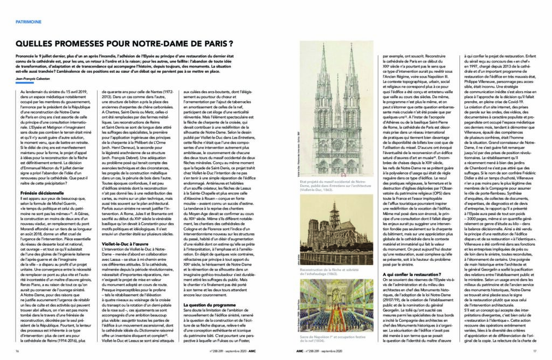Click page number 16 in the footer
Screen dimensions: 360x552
[x=17, y=351]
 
